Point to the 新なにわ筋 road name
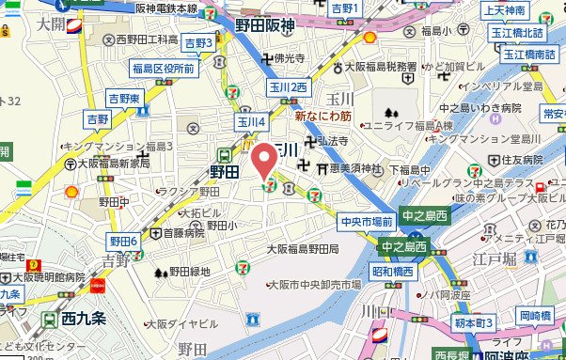(x=324, y=117)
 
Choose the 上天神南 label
(x=504, y=11)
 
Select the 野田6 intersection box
(x=123, y=242)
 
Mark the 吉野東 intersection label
(x=123, y=98)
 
